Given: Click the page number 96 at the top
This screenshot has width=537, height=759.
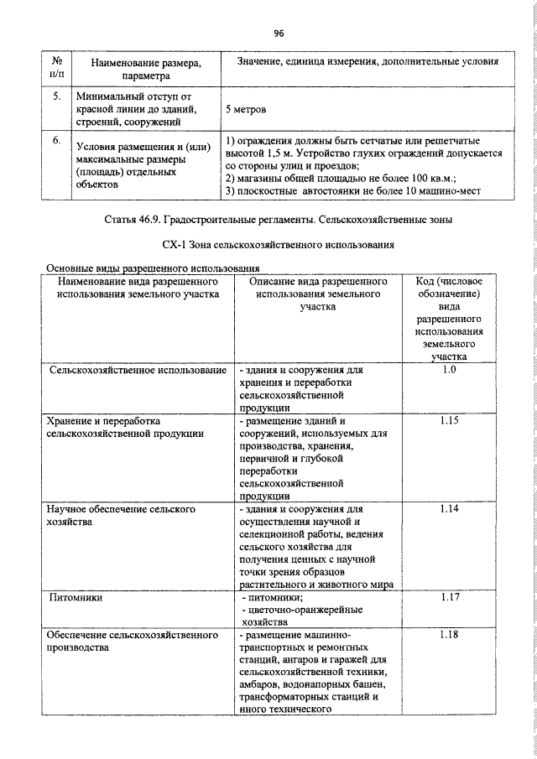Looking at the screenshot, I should tap(279, 34).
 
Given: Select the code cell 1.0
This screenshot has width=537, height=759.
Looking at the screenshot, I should tap(448, 370).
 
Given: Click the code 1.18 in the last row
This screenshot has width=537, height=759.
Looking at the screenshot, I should tap(448, 636).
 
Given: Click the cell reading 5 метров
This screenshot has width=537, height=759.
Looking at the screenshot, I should tap(249, 109).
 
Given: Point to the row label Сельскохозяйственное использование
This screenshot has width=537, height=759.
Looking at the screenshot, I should tap(138, 370).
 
